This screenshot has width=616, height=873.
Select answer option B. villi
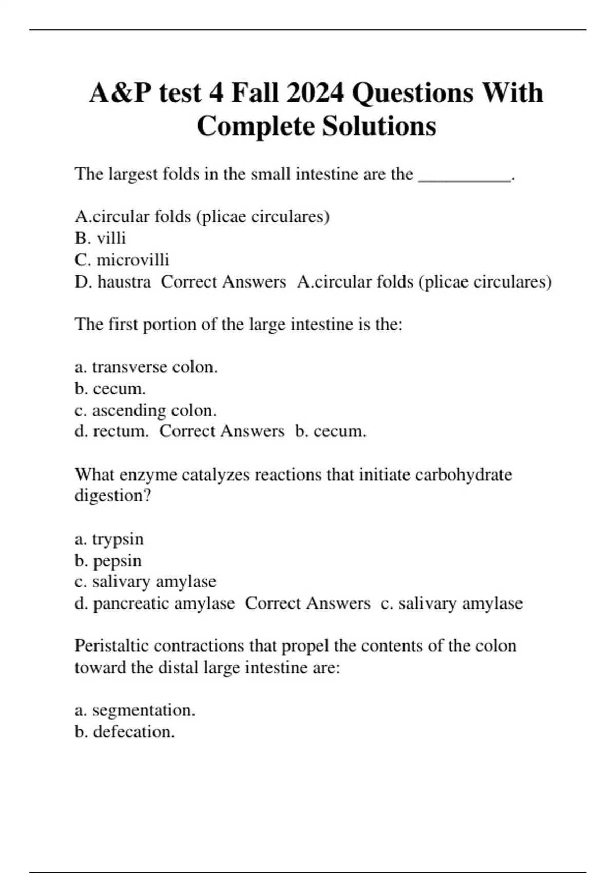pyautogui.click(x=100, y=238)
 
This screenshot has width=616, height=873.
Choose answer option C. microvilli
pyautogui.click(x=122, y=260)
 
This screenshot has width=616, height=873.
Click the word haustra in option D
pyautogui.click(x=124, y=282)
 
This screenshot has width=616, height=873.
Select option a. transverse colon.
pyautogui.click(x=146, y=367)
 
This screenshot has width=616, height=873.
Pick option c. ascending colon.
pyautogui.click(x=145, y=410)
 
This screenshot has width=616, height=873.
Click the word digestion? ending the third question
pyautogui.click(x=113, y=496)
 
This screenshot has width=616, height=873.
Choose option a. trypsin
pyautogui.click(x=109, y=539)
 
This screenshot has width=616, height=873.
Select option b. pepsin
pyautogui.click(x=108, y=561)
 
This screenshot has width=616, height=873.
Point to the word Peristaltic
pyautogui.click(x=111, y=646)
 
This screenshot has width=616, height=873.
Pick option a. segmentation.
pyautogui.click(x=134, y=710)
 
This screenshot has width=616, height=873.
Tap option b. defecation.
pyautogui.click(x=124, y=732)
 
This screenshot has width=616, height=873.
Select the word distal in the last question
pyautogui.click(x=179, y=668)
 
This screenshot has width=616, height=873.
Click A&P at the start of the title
pyautogui.click(x=120, y=93)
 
